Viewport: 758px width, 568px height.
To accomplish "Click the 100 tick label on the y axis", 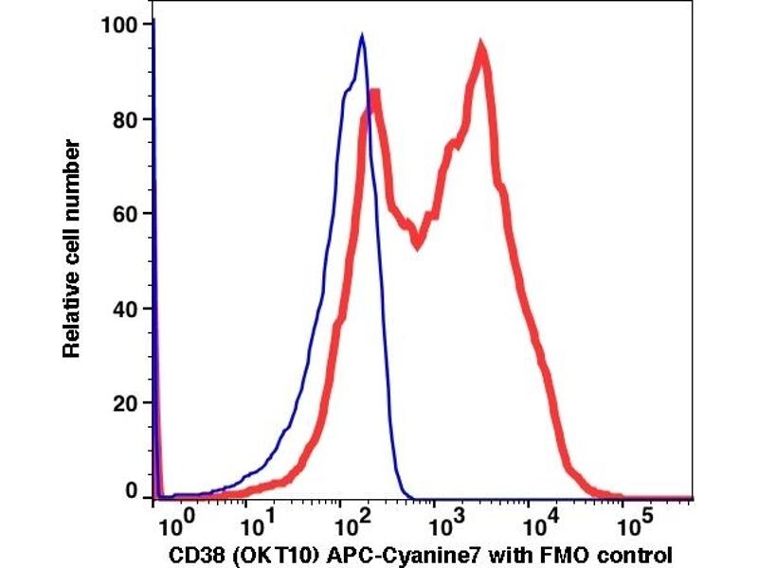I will click(119, 24).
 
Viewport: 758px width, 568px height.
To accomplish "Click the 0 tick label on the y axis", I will click(132, 491).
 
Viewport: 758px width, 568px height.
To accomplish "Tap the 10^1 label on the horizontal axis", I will click(259, 519).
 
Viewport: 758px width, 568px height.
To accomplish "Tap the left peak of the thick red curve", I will click(374, 94).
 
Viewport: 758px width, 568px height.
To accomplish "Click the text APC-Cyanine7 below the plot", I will click(409, 554).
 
